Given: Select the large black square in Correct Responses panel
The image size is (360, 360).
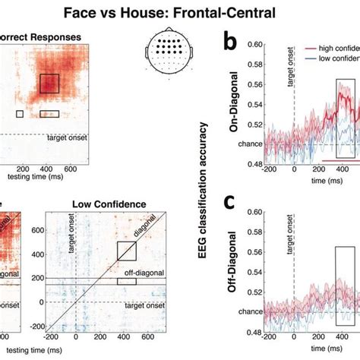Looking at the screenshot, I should (x=49, y=84).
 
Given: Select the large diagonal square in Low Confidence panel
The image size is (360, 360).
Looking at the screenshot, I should (x=127, y=251).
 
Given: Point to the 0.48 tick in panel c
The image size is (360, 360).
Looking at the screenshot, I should (x=252, y=332).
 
